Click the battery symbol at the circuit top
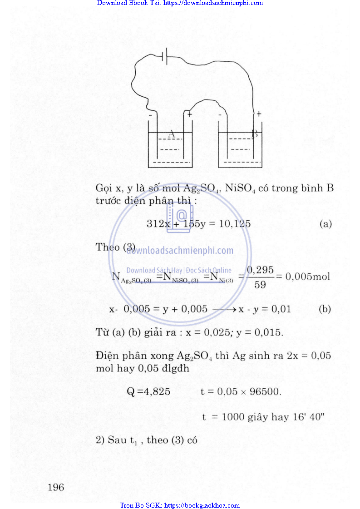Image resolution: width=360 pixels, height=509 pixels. [166, 56]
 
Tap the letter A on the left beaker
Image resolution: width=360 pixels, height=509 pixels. [172, 134]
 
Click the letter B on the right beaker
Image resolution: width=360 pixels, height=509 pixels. [255, 134]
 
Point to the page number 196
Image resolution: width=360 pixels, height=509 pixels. [56, 487]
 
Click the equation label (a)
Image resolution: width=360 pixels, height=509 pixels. [325, 223]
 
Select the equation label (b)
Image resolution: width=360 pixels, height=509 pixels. [325, 309]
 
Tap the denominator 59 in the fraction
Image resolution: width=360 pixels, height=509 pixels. [260, 285]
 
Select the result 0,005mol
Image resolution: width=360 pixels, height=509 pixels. [307, 276]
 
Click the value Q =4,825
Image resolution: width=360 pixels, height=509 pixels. [148, 391]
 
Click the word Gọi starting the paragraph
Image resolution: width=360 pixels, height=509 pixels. [104, 188]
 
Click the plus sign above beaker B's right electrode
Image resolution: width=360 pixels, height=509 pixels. [259, 114]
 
